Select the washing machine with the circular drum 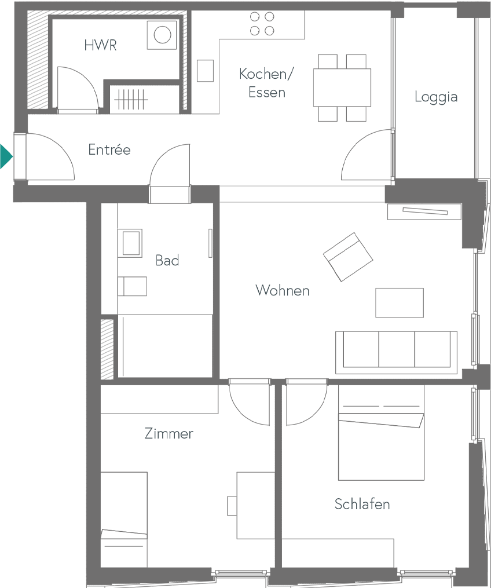(x=162, y=35)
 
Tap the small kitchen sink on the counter (x=205, y=71)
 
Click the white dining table (x=342, y=87)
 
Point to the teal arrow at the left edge (x=5, y=156)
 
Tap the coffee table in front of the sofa (x=399, y=302)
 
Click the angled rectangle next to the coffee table (x=347, y=256)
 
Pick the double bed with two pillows (x=381, y=432)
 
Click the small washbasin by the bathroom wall (x=131, y=243)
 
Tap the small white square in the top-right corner (x=409, y=22)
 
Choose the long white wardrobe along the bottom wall (x=337, y=553)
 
